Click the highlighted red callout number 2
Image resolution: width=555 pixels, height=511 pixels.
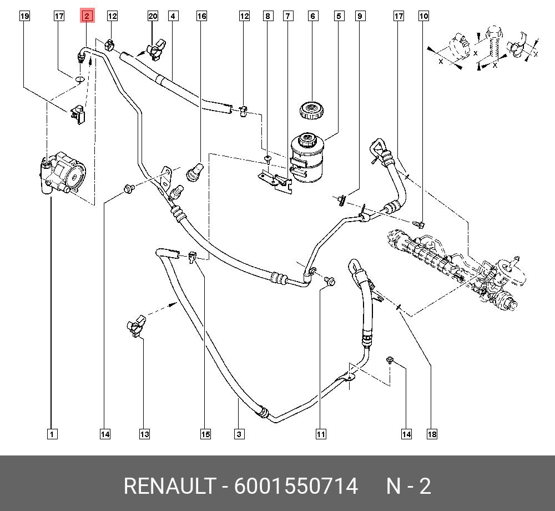point(87,16)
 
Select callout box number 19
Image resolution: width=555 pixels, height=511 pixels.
point(24,16)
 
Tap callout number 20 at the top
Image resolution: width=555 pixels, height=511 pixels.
point(153,16)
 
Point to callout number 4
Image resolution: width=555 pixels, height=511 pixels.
point(173,16)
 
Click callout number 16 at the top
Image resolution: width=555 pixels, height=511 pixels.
point(201,16)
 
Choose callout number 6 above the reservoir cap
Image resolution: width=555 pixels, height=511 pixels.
point(313,16)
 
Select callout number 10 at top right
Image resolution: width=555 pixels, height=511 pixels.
point(423,16)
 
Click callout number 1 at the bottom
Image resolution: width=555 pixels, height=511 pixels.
point(51,434)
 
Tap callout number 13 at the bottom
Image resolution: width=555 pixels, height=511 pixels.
point(144,434)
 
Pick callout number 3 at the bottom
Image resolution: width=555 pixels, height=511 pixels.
point(239,434)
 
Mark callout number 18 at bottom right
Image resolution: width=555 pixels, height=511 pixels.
point(432,434)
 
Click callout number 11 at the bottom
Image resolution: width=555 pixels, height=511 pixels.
point(321,434)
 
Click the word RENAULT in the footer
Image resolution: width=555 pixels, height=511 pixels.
point(169,486)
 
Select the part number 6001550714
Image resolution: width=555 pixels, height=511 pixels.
point(296,486)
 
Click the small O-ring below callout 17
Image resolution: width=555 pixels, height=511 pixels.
point(79,79)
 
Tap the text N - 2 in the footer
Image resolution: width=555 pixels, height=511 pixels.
point(408,486)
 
